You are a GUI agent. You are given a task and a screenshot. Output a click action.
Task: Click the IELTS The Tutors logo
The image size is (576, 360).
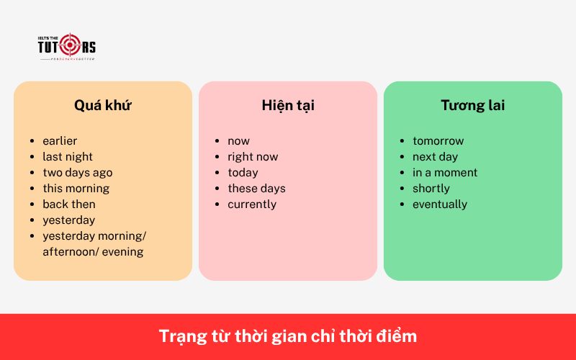click(66, 46)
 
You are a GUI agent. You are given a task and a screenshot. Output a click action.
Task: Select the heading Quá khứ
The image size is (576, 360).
click(103, 105)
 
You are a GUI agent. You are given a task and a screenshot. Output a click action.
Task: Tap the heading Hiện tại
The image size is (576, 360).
click(288, 105)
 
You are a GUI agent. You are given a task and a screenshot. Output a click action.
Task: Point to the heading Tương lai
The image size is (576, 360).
click(473, 105)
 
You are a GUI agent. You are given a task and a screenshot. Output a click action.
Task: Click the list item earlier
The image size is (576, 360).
click(60, 141)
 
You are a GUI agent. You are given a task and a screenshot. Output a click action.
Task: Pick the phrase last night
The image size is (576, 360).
click(68, 157)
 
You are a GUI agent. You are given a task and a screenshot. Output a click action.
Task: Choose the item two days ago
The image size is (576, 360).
click(78, 173)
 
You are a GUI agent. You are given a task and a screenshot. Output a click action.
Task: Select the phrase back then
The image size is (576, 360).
click(69, 204)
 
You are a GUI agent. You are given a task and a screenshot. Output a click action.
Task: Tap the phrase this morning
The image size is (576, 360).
click(76, 189)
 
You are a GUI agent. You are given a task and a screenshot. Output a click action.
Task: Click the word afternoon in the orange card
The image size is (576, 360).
click(72, 252)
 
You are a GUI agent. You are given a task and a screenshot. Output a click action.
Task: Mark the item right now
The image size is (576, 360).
click(253, 157)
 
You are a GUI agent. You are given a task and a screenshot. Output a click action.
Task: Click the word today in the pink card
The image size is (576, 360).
click(243, 173)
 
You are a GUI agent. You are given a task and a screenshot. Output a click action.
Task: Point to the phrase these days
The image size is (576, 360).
click(257, 189)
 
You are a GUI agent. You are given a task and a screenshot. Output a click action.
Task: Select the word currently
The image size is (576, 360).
click(252, 204)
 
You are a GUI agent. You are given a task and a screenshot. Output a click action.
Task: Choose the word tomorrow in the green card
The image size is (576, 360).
click(438, 141)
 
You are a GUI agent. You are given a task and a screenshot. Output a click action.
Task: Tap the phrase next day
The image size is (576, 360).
click(436, 157)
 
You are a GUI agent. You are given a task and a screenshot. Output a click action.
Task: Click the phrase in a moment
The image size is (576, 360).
click(445, 173)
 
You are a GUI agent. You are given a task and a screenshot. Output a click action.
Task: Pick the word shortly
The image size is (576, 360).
click(431, 189)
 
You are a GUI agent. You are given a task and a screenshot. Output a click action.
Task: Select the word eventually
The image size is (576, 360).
click(440, 204)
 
